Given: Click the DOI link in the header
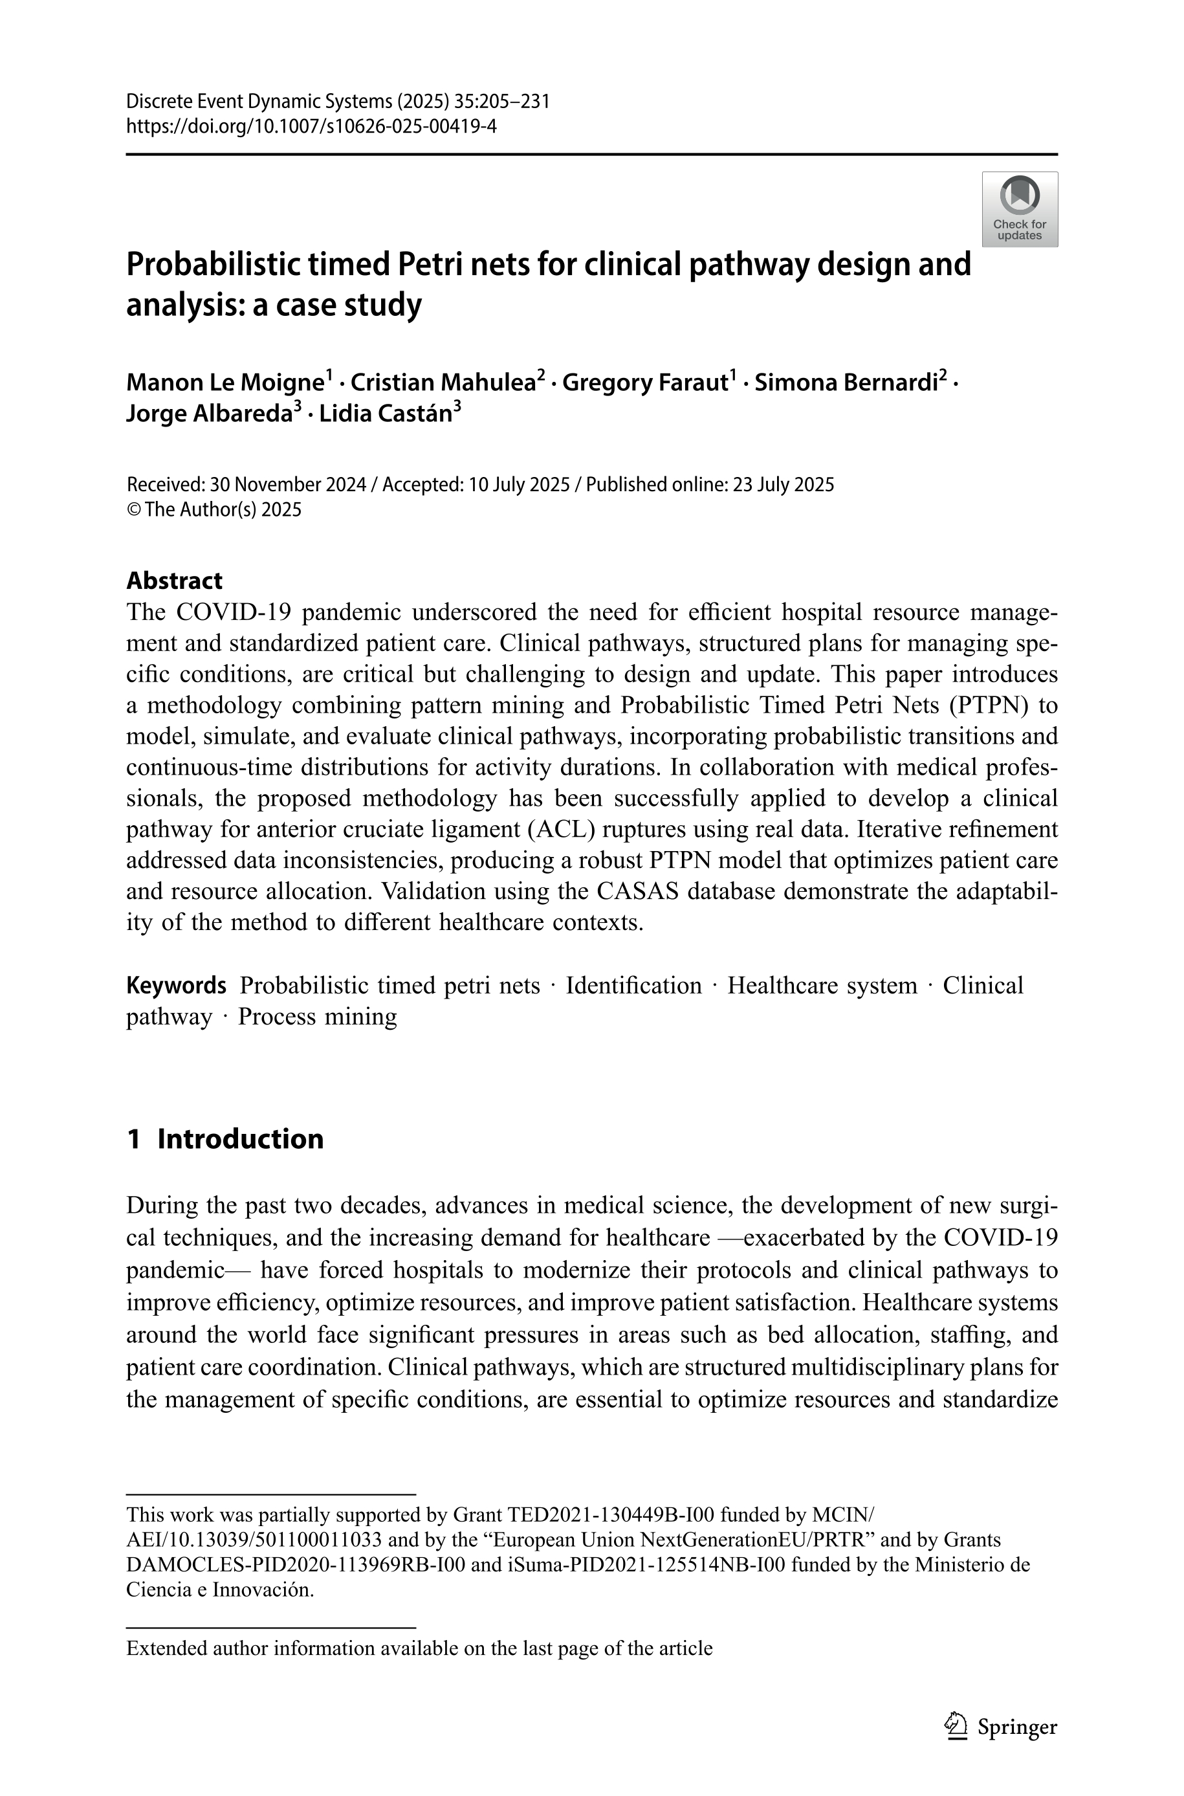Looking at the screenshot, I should (311, 126).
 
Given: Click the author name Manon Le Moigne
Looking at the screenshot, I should (225, 383).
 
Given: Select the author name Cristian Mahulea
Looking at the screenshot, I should (443, 383).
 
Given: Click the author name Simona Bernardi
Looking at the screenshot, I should (846, 383).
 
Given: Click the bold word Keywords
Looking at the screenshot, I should (176, 986).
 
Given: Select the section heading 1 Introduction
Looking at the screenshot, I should (225, 1139).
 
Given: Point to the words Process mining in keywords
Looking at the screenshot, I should (317, 1017).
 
